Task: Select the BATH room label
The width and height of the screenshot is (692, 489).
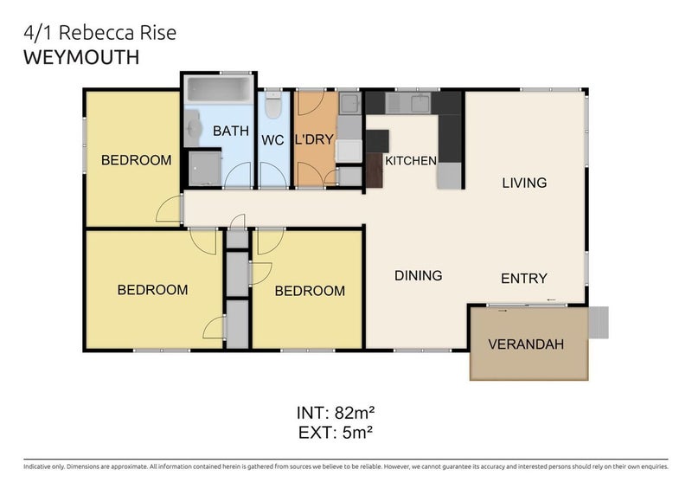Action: tap(231, 132)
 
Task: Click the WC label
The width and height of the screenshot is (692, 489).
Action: tap(272, 139)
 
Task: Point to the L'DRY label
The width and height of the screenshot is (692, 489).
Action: tap(314, 138)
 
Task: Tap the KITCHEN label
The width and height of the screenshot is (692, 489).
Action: tap(410, 161)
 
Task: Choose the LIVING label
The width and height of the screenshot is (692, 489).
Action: tap(524, 183)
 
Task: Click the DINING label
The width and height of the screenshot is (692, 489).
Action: tap(418, 275)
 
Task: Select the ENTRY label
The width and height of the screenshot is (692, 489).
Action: tap(523, 278)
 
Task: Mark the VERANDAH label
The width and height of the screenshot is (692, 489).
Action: tap(526, 344)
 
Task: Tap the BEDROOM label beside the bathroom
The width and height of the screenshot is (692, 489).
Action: tap(136, 160)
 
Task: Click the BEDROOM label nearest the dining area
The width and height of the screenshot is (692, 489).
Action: tap(310, 291)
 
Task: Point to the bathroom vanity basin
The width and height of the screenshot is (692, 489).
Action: tap(192, 124)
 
